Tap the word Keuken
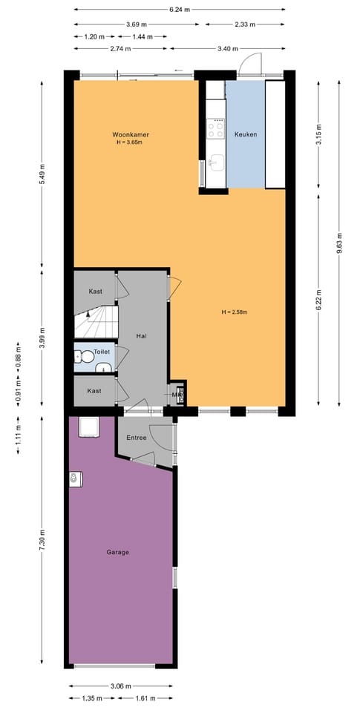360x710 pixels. [245, 134]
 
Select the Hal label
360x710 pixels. [142, 336]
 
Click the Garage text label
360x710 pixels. [117, 552]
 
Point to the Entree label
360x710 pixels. [137, 438]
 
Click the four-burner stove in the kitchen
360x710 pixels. [216, 130]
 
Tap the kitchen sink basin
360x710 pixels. [216, 163]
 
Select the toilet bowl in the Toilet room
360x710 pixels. [87, 357]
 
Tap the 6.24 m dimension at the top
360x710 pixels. [179, 10]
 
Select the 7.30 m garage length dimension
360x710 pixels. [42, 540]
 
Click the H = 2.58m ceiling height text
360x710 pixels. [234, 312]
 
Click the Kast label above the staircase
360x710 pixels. [94, 292]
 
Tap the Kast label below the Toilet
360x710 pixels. [94, 390]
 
